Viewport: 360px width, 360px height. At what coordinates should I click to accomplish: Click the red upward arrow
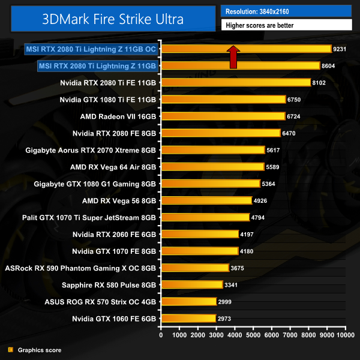tap(233, 56)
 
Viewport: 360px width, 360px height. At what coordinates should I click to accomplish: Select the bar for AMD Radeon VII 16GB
tap(223, 116)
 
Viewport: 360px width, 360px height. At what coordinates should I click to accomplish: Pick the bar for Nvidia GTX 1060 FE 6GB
tap(188, 319)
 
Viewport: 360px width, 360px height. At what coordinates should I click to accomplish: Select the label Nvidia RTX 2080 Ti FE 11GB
tap(109, 83)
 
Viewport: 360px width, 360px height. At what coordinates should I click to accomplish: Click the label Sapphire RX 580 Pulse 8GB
tap(113, 285)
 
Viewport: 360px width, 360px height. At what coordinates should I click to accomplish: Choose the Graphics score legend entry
tap(40, 350)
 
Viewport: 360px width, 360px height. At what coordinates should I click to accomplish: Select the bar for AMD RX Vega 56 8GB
tap(206, 200)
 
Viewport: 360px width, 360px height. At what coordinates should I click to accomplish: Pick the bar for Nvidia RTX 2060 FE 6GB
tap(199, 234)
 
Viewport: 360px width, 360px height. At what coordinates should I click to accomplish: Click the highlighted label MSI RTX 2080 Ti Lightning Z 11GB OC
tap(91, 49)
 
